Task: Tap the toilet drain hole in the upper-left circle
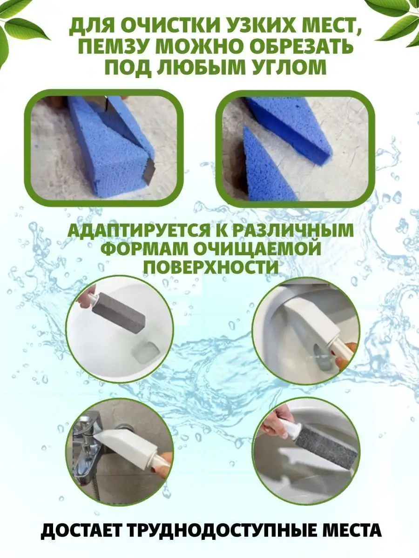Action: click(x=146, y=351)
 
